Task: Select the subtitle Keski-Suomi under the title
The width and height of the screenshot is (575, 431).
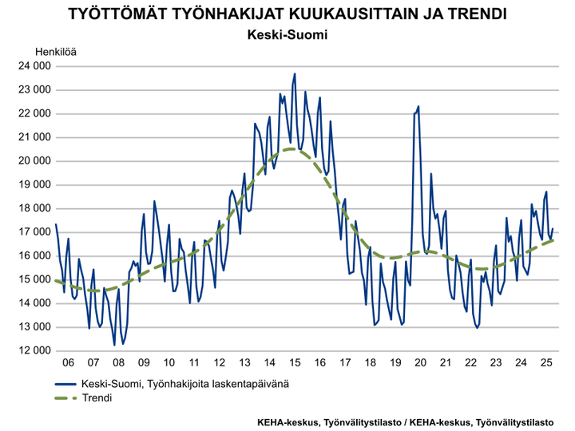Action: [287, 36]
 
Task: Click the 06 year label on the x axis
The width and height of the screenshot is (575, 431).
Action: [68, 362]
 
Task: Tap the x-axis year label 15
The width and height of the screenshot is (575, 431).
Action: [294, 362]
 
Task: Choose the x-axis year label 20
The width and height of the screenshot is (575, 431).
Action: [420, 362]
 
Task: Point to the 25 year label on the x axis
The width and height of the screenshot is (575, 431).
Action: [545, 362]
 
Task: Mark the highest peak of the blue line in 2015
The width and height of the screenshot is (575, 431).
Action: [295, 73]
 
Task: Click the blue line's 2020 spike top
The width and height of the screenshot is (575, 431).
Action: [418, 106]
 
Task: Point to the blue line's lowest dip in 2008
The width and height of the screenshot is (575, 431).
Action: [114, 345]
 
